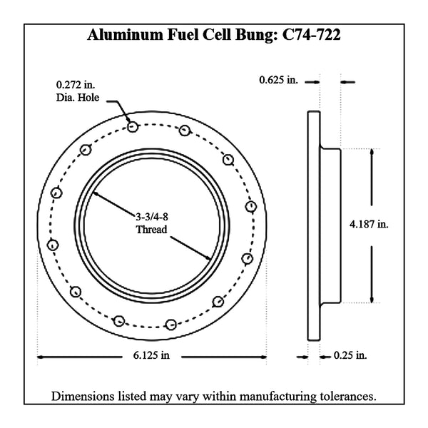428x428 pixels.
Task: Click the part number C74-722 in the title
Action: [311, 35]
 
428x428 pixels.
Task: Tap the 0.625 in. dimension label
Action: [278, 80]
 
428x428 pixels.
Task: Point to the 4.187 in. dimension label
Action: [369, 225]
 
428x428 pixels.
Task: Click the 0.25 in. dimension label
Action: [350, 355]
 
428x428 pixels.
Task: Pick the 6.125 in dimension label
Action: [151, 355]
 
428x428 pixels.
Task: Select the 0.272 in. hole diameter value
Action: [76, 85]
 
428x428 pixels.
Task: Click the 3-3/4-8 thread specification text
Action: [152, 217]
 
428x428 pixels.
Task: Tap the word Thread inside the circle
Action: [151, 229]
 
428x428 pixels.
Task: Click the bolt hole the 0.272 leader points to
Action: [133, 127]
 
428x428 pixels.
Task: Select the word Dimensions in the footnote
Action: [83, 397]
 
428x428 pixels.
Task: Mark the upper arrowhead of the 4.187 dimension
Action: [372, 152]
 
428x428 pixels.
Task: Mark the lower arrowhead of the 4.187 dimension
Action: [372, 300]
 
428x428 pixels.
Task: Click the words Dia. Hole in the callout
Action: [78, 98]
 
